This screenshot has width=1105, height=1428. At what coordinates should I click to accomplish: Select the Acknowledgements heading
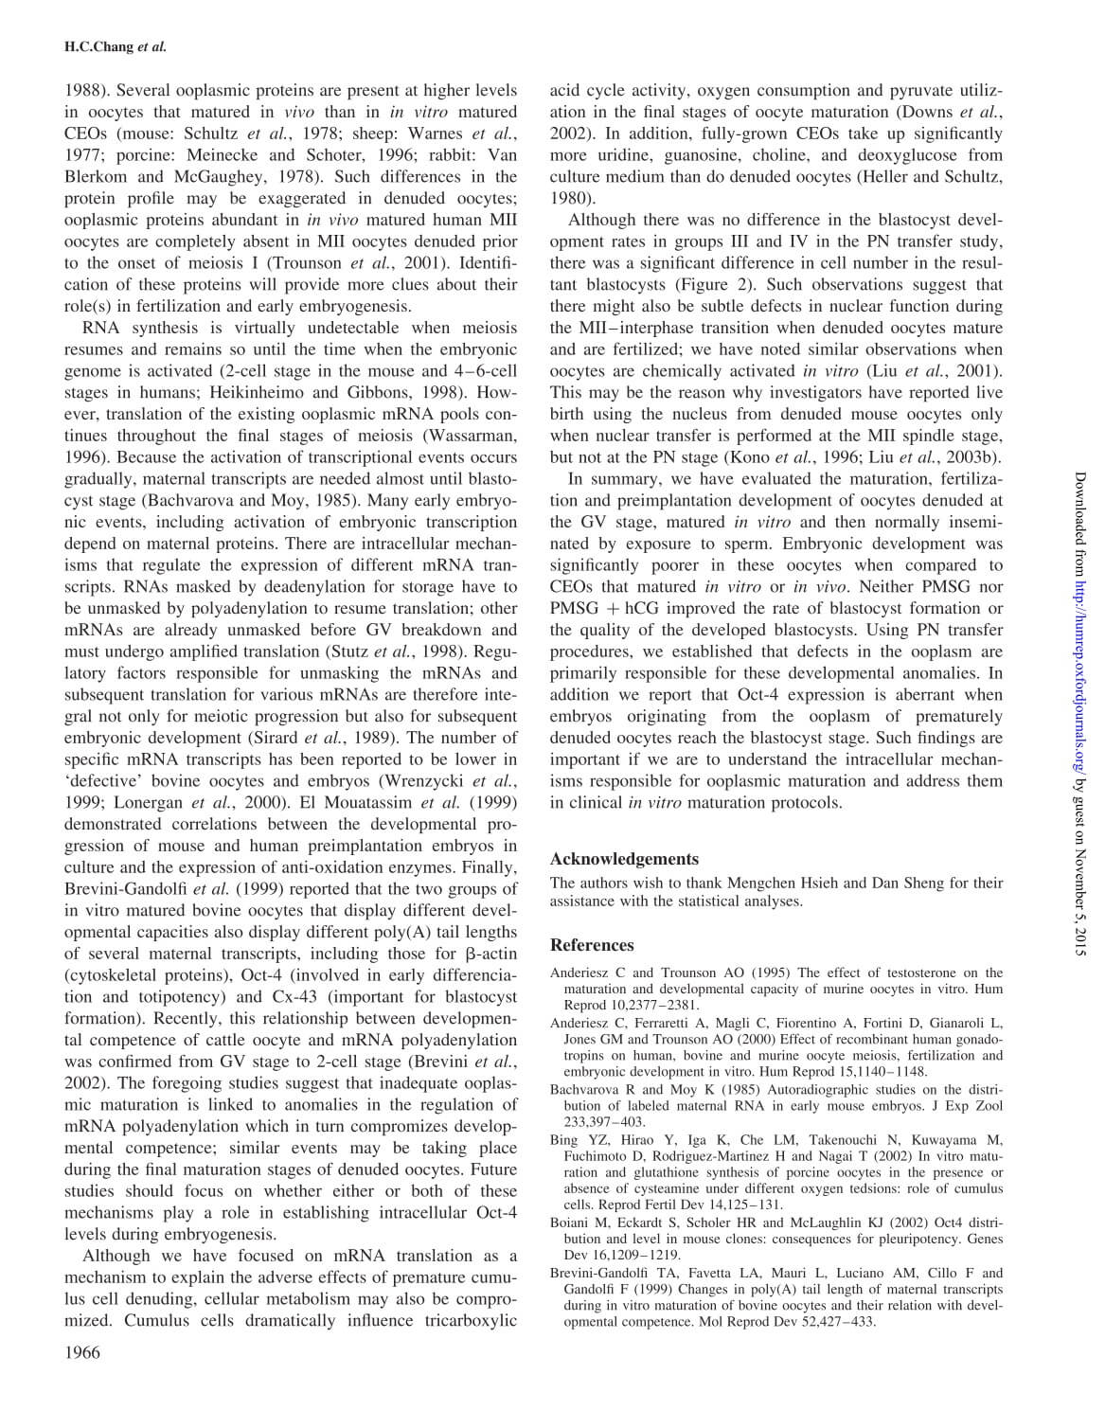coord(624,859)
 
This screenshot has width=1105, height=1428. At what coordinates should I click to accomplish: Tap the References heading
coord(592,944)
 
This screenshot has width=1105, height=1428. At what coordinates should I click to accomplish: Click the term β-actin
coord(490,954)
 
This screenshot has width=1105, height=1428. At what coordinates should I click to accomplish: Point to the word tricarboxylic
coord(469,1320)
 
